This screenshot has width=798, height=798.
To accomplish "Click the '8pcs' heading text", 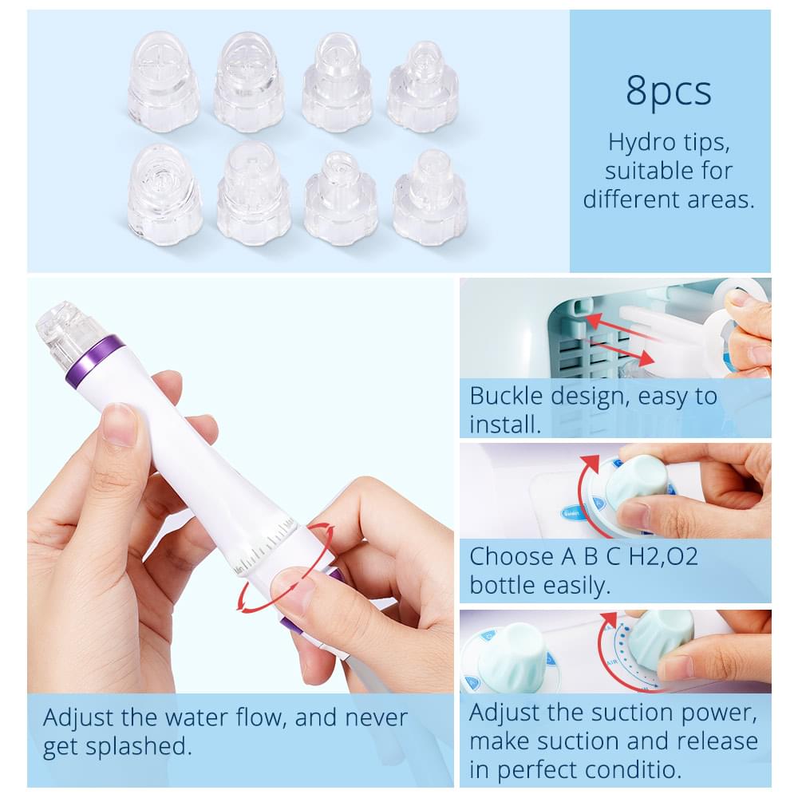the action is (x=668, y=91).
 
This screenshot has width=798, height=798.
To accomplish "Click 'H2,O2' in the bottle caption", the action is (x=664, y=556).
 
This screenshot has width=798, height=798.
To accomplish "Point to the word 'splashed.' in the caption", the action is (x=138, y=747).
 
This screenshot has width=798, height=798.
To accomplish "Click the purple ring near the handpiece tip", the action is (x=95, y=361).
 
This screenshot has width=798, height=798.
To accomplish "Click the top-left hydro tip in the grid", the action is (x=163, y=81).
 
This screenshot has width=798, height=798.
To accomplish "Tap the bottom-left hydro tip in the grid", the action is (x=164, y=195).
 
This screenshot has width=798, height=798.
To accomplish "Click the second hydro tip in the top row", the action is (x=249, y=81).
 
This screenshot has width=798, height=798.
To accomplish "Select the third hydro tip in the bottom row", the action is (x=341, y=199).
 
